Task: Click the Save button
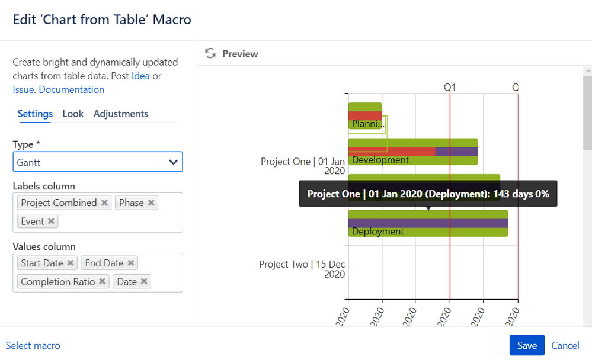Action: coord(526,345)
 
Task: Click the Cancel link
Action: coord(565,345)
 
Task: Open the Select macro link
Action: coord(33,345)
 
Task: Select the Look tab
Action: coord(73,114)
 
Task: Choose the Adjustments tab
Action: coord(121,114)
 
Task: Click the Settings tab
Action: coord(35,114)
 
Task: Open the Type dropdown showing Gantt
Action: coord(98,162)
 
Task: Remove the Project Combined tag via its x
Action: coord(104,202)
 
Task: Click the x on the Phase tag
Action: coord(151,202)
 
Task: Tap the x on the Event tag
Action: coord(52,221)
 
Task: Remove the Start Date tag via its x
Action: coord(71,263)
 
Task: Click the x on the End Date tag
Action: coord(131,263)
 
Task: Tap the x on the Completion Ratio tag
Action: coord(103,282)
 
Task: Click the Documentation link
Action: coord(71,90)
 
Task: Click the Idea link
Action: coord(140,76)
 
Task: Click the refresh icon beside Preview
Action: coord(210,54)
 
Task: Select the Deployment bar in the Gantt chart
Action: coord(428,223)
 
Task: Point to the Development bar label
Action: coord(380,160)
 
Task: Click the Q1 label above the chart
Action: coord(450,88)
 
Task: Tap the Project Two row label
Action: coord(302,269)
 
